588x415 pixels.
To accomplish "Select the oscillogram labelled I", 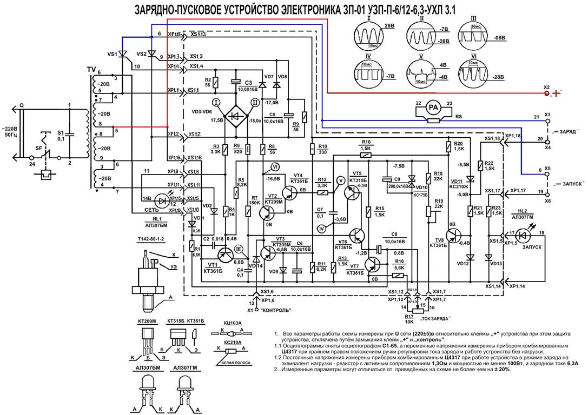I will (x=368, y=37).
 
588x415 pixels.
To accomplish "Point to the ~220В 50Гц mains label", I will (x=11, y=132).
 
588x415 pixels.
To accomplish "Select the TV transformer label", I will (x=91, y=69).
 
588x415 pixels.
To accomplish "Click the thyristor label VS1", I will (x=113, y=55).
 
